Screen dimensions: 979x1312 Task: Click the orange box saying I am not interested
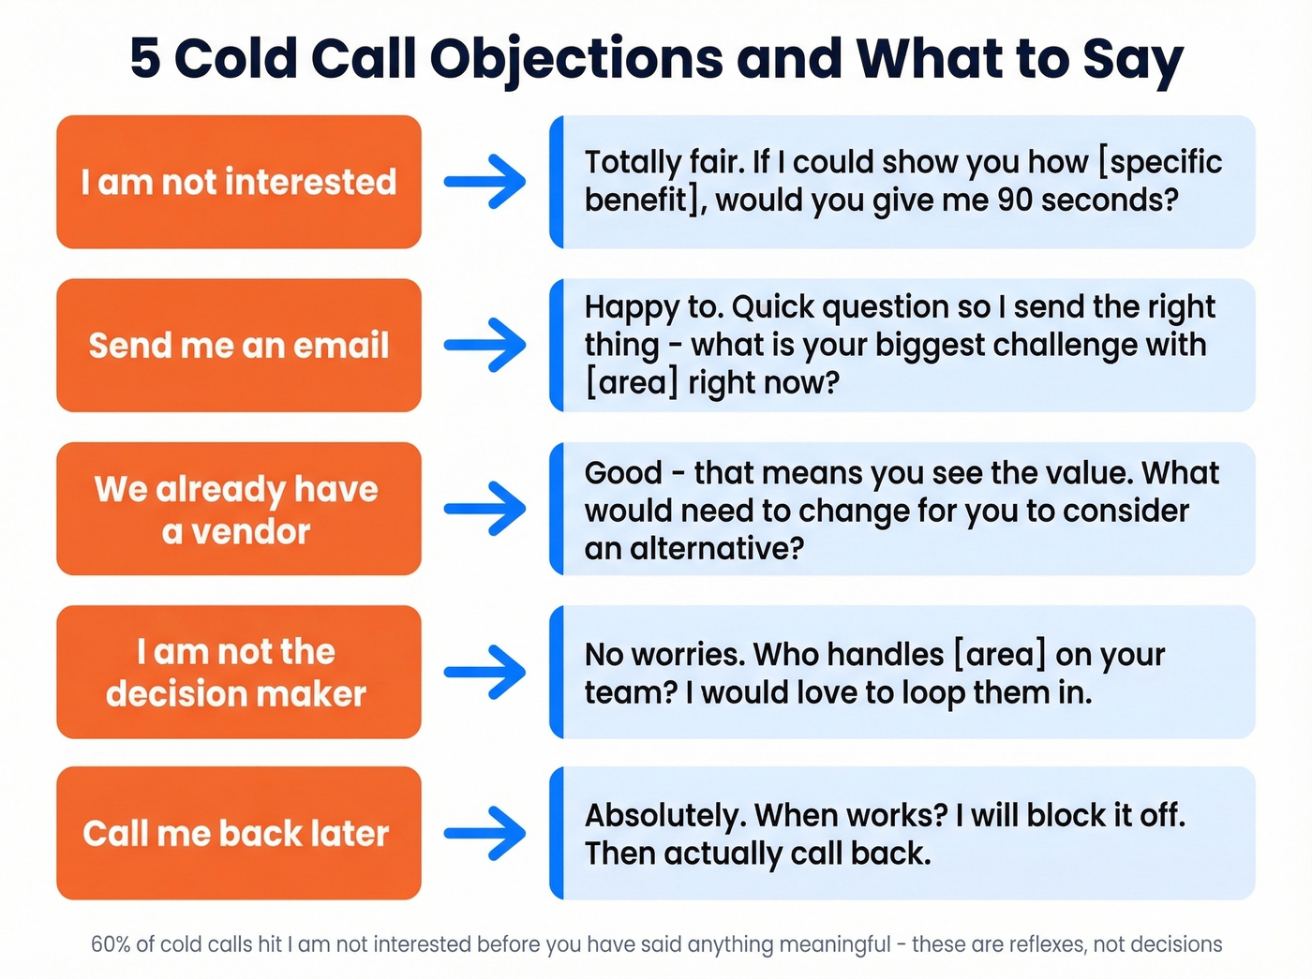tap(238, 182)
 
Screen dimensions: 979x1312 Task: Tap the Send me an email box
tap(238, 345)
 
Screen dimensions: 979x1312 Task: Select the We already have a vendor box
tap(238, 509)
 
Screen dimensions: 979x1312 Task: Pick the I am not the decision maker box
tap(238, 672)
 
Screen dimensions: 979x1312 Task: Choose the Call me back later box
tap(238, 833)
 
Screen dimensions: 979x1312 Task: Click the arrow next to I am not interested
tap(485, 182)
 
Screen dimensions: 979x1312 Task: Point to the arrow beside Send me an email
tap(485, 345)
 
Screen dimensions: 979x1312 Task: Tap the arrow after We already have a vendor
tap(485, 509)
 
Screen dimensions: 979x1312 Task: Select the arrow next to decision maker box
tap(485, 672)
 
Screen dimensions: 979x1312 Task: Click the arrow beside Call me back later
tap(485, 833)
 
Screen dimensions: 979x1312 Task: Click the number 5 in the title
tap(145, 58)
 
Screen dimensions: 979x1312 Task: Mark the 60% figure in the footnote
tap(111, 944)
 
